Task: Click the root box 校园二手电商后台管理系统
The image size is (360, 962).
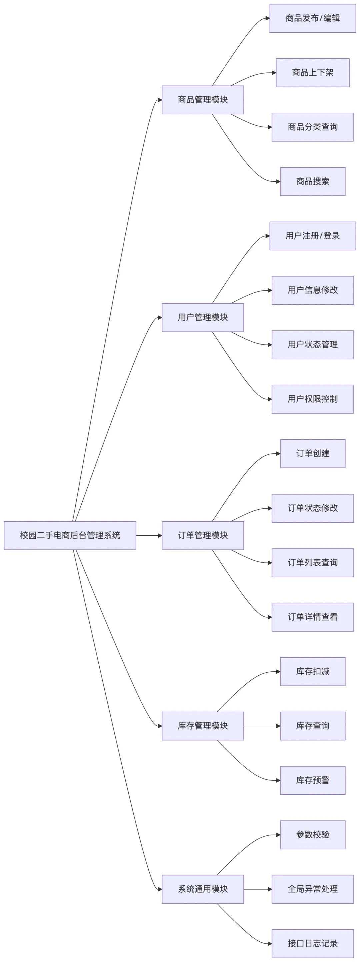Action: point(70,535)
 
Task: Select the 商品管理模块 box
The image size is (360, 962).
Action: point(202,100)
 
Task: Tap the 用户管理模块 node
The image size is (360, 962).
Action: point(202,317)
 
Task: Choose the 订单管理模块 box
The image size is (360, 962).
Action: point(202,535)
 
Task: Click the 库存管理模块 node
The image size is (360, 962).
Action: point(202,726)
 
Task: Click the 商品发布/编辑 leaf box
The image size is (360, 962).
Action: point(312,18)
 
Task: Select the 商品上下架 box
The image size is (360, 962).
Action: point(312,72)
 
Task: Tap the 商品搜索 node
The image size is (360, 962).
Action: point(312,181)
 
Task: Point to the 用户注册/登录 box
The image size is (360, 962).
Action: point(312,236)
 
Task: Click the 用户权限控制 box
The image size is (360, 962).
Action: point(312,399)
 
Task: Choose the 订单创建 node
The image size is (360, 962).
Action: point(312,453)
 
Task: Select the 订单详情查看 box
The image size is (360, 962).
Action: point(312,617)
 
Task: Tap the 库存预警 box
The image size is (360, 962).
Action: point(312,780)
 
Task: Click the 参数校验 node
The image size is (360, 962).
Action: point(312,834)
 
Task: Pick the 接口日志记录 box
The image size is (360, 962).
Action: point(312,943)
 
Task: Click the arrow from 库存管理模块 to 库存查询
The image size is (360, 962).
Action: point(261,726)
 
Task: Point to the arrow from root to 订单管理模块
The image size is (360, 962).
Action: point(149,535)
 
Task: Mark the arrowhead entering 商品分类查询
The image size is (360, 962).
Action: point(270,127)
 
